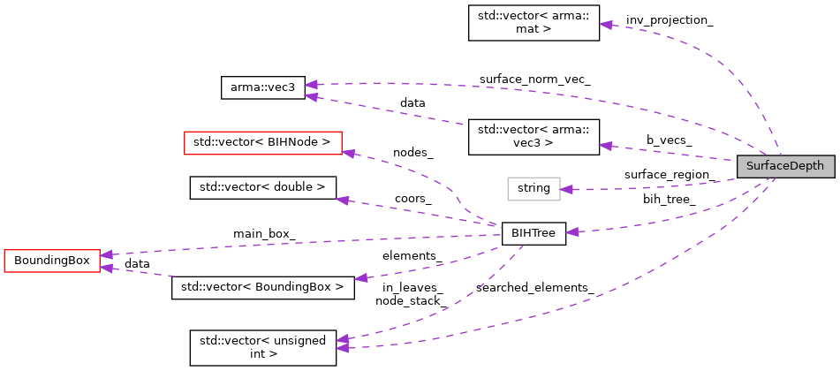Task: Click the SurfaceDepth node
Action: click(x=785, y=166)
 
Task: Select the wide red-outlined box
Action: click(x=262, y=143)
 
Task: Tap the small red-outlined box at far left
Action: click(x=52, y=261)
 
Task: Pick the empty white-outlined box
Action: click(x=534, y=189)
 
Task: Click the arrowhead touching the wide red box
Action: click(x=349, y=154)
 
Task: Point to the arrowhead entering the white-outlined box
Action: click(x=567, y=190)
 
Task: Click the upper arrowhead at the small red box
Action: click(x=106, y=254)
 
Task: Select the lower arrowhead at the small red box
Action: click(x=106, y=268)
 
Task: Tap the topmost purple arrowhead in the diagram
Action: click(x=606, y=25)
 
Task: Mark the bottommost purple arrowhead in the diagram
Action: click(x=342, y=348)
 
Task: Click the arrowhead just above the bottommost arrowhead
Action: click(x=342, y=338)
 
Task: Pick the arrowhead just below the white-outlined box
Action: click(x=572, y=231)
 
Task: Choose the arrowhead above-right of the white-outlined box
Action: click(x=606, y=146)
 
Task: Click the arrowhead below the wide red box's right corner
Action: click(x=343, y=201)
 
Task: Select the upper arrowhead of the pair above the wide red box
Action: click(x=311, y=85)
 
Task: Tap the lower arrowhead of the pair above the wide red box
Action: click(x=311, y=96)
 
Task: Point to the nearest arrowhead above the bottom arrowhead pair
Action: click(x=360, y=278)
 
